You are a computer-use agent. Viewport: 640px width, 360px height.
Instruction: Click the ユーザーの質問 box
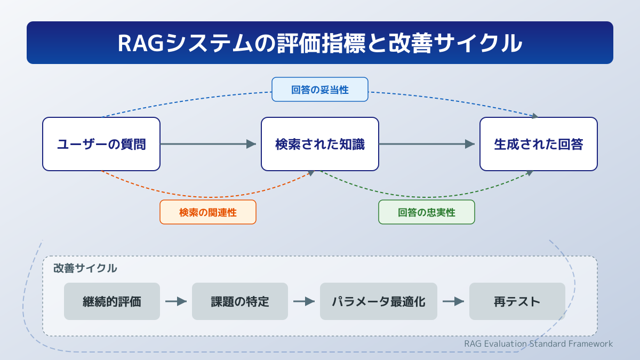[101, 144]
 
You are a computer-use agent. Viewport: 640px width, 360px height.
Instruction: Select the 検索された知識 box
[320, 144]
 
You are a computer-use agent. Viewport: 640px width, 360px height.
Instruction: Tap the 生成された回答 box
[539, 144]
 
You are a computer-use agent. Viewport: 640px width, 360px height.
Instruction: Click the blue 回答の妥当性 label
[320, 90]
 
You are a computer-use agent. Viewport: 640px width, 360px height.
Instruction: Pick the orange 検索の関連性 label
[208, 212]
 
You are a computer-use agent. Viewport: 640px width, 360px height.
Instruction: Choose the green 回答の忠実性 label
[427, 212]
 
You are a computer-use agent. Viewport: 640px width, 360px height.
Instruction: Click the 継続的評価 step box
[112, 301]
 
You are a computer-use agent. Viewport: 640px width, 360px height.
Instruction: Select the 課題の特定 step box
[240, 301]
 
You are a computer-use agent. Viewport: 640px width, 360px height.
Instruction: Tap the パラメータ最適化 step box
[379, 301]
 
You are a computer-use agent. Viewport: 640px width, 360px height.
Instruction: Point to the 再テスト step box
[517, 301]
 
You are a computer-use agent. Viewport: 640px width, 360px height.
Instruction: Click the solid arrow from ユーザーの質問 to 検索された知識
[208, 144]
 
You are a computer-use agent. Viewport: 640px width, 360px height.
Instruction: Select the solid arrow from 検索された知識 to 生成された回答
[427, 144]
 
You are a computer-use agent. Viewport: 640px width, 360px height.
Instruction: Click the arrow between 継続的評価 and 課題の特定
[176, 301]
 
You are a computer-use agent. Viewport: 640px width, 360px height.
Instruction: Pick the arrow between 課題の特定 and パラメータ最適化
[304, 301]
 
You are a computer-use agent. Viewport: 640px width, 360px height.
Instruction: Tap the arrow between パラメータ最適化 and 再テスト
[453, 301]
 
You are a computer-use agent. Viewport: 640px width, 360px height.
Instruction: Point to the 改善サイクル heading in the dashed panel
[85, 268]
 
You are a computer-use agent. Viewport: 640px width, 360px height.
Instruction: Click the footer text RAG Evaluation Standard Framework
[538, 343]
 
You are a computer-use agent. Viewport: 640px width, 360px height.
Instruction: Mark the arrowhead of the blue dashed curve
[535, 116]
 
